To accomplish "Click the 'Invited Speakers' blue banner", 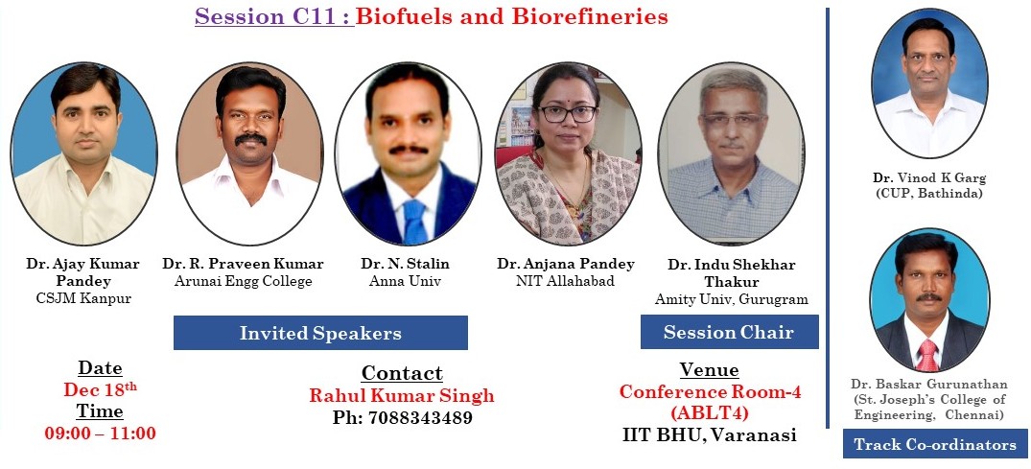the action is (320, 333).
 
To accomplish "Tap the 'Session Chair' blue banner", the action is (729, 332).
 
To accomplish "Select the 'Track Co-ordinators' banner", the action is (935, 445).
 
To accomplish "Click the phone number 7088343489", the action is (403, 418).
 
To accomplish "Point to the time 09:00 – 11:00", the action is (101, 434).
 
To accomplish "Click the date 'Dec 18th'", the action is (100, 389).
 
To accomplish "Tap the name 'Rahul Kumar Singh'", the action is (402, 395).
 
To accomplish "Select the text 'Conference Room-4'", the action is (710, 391).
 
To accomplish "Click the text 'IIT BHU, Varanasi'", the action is (710, 434).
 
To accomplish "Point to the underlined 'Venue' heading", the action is (710, 369).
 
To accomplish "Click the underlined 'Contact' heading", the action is (402, 373).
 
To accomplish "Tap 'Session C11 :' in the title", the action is (274, 16).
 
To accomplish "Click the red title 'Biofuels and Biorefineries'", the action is (512, 16).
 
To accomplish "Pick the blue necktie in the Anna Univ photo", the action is (414, 222).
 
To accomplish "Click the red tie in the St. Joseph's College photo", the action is (927, 355).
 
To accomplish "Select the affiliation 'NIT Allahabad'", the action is (566, 282).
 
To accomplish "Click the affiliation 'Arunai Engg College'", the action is (244, 282).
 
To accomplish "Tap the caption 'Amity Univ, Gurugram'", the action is (731, 299).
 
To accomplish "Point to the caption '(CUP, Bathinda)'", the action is (929, 194).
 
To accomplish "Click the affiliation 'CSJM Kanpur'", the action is (83, 298).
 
